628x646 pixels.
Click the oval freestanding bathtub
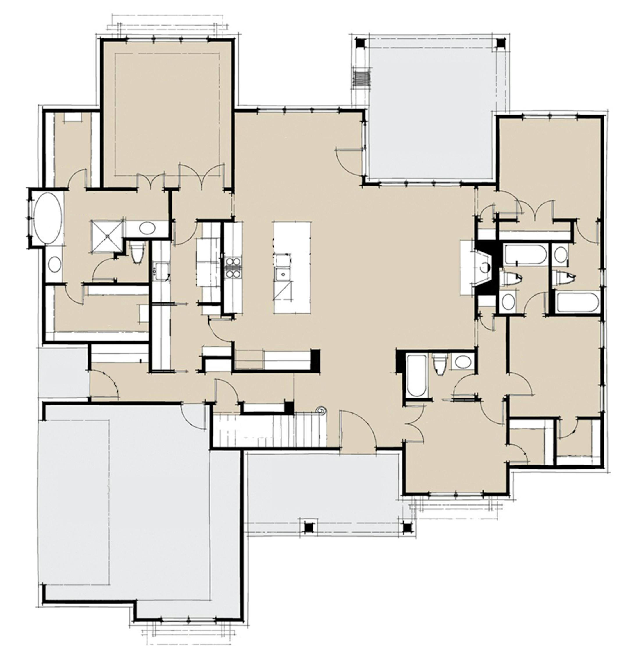(47, 218)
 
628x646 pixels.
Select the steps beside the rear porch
(362, 79)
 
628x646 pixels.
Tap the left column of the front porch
(309, 528)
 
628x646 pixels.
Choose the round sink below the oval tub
(54, 264)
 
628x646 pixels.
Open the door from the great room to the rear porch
(350, 162)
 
